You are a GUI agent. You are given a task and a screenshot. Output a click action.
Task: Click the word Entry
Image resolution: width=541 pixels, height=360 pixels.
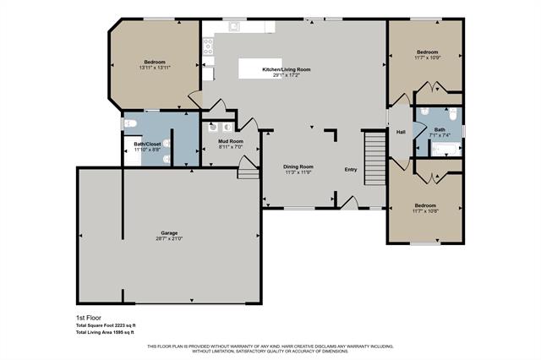350,170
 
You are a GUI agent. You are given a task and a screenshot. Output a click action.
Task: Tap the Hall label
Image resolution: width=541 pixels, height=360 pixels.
401,131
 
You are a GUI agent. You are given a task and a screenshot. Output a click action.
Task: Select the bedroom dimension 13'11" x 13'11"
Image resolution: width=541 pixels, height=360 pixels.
154,68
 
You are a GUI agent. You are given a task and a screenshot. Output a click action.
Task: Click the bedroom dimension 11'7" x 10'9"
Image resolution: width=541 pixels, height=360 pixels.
425,57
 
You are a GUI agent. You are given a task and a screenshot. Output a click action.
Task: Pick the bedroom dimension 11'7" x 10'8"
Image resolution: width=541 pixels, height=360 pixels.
425,211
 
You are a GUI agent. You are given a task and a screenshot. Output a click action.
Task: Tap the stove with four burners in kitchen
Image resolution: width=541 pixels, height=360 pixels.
207,47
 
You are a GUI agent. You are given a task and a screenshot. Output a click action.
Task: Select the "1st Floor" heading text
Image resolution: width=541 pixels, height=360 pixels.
88,318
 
